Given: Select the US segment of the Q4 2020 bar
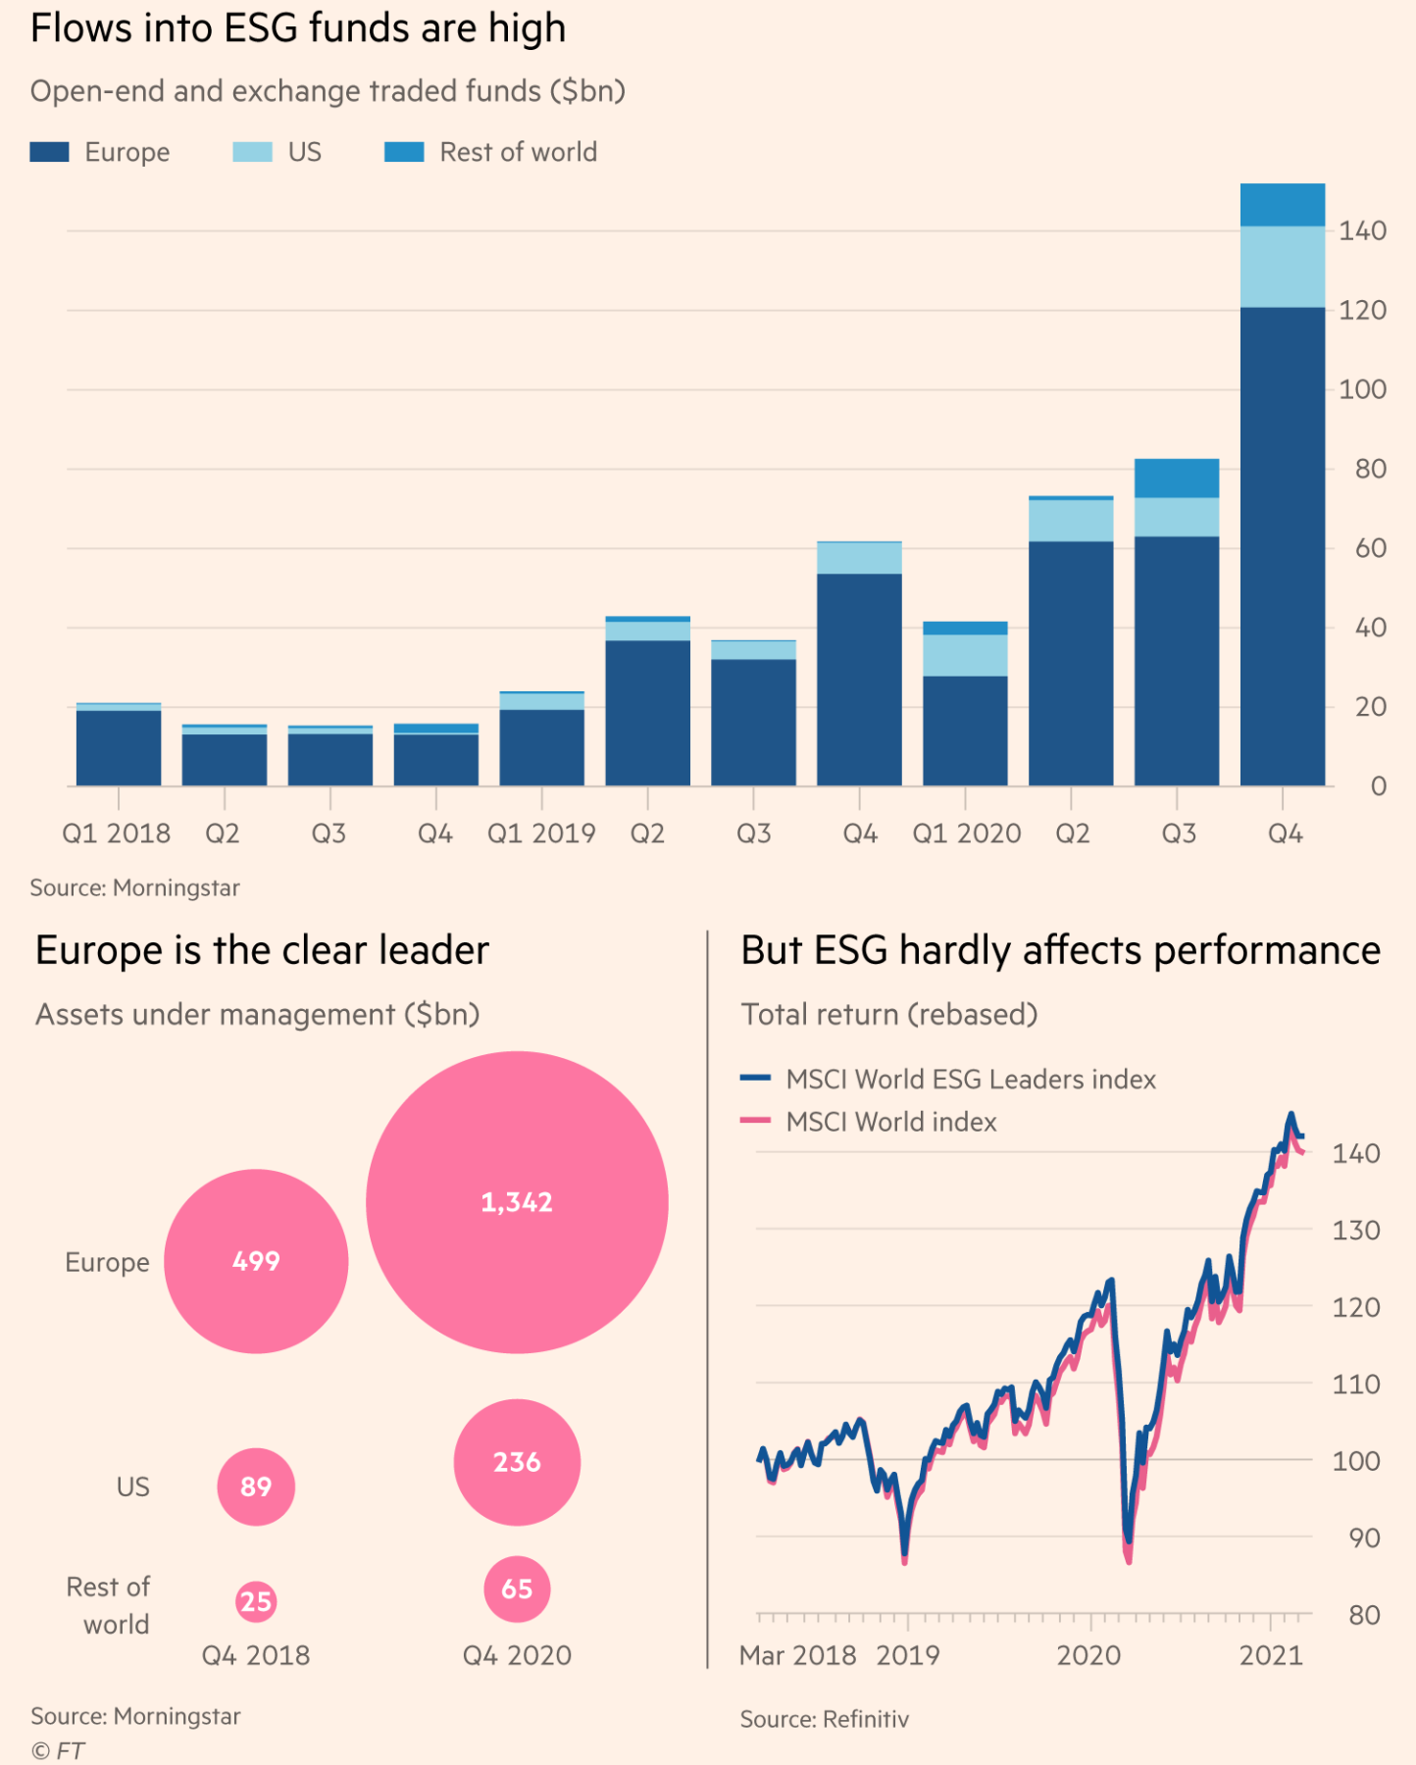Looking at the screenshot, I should [1282, 267].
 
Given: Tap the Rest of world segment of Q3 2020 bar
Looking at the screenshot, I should [1177, 479].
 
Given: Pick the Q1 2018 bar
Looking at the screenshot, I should [119, 746].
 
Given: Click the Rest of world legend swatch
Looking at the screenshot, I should [404, 152].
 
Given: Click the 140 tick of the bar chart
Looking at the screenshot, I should [1362, 231].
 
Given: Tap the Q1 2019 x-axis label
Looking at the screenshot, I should [541, 833].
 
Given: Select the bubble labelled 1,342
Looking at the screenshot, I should [517, 1202].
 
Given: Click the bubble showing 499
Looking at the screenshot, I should [256, 1261].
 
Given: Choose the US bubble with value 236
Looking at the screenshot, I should [517, 1462].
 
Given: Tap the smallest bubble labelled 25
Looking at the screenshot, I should [256, 1601].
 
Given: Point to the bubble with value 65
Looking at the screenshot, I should [517, 1588].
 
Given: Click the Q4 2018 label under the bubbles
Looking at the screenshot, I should [256, 1655].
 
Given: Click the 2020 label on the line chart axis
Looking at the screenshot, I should [1088, 1655].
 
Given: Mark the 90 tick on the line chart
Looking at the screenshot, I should [1364, 1538].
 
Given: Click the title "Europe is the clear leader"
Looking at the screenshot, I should [262, 950].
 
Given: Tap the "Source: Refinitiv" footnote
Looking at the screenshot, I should [824, 1719].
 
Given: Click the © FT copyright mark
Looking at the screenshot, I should [58, 1750].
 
